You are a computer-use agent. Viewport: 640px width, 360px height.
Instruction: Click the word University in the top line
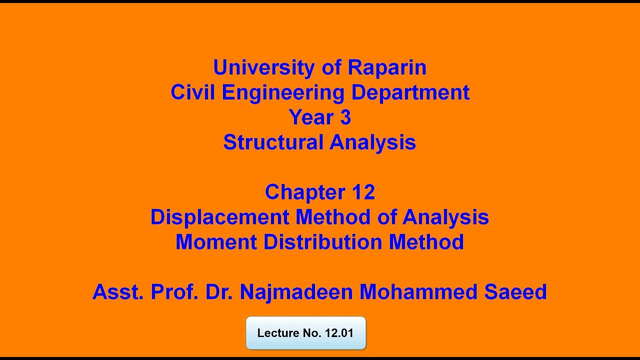(x=264, y=67)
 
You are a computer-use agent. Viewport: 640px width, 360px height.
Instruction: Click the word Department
(x=411, y=92)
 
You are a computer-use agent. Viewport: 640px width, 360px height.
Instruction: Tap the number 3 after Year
(x=345, y=117)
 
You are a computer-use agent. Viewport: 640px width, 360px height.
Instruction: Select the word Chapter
(x=305, y=192)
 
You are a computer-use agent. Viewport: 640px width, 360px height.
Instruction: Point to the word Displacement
(x=219, y=217)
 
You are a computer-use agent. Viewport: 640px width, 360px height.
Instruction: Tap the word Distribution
(x=322, y=242)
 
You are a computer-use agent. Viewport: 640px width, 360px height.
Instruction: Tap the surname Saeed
(x=515, y=292)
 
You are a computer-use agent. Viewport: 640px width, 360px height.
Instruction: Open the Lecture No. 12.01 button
(x=305, y=333)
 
